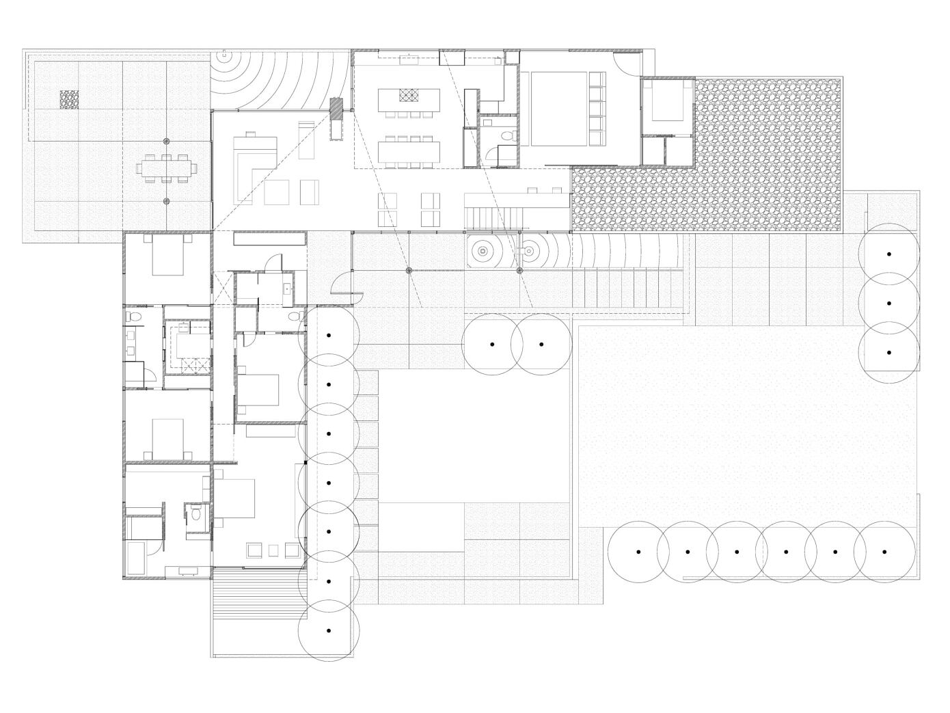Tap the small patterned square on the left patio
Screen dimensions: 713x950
[x=69, y=100]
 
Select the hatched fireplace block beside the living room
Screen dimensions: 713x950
[x=336, y=109]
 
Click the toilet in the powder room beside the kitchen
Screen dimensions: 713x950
[x=506, y=137]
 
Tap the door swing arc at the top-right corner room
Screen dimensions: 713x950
[x=627, y=64]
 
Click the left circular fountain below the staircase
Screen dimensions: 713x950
[x=483, y=252]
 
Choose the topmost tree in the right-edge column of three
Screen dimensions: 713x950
[x=888, y=254]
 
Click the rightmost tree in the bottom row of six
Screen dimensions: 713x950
[x=884, y=552]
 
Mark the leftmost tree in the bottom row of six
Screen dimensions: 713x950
[x=638, y=552]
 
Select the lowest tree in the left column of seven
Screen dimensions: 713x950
[x=329, y=630]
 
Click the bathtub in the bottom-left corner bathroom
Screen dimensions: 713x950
[x=135, y=558]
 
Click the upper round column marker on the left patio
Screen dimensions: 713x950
[x=167, y=141]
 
